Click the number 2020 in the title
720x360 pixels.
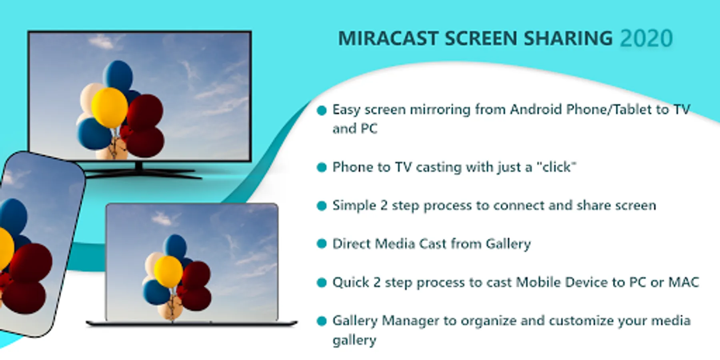tap(646, 39)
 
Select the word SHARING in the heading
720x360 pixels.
tap(568, 39)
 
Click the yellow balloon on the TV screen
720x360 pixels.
tap(109, 107)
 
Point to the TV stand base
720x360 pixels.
tap(140, 173)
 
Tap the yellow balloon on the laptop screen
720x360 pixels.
tap(168, 272)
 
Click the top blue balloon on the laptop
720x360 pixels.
tap(176, 246)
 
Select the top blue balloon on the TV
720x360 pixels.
tap(118, 76)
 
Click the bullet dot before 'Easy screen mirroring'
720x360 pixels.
tap(322, 110)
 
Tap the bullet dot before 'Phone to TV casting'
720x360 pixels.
tap(322, 168)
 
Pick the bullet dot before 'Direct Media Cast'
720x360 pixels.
tap(322, 244)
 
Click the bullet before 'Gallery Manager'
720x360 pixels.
tap(322, 321)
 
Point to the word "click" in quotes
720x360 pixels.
tap(556, 167)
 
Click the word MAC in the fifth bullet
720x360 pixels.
tap(684, 282)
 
